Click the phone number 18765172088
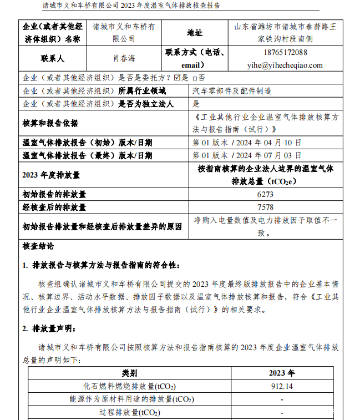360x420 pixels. [x=285, y=52]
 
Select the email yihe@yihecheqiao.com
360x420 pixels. [x=285, y=65]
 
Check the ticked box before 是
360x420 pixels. [x=178, y=78]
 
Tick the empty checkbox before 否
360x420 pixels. [x=195, y=78]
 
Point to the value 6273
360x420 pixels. [x=266, y=195]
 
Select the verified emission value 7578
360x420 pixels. [x=266, y=207]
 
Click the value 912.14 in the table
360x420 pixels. [x=282, y=386]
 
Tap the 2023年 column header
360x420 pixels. [x=282, y=373]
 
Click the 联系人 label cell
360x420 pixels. [x=52, y=58]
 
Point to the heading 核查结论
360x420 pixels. [x=38, y=246]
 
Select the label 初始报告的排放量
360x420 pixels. [x=54, y=195]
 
